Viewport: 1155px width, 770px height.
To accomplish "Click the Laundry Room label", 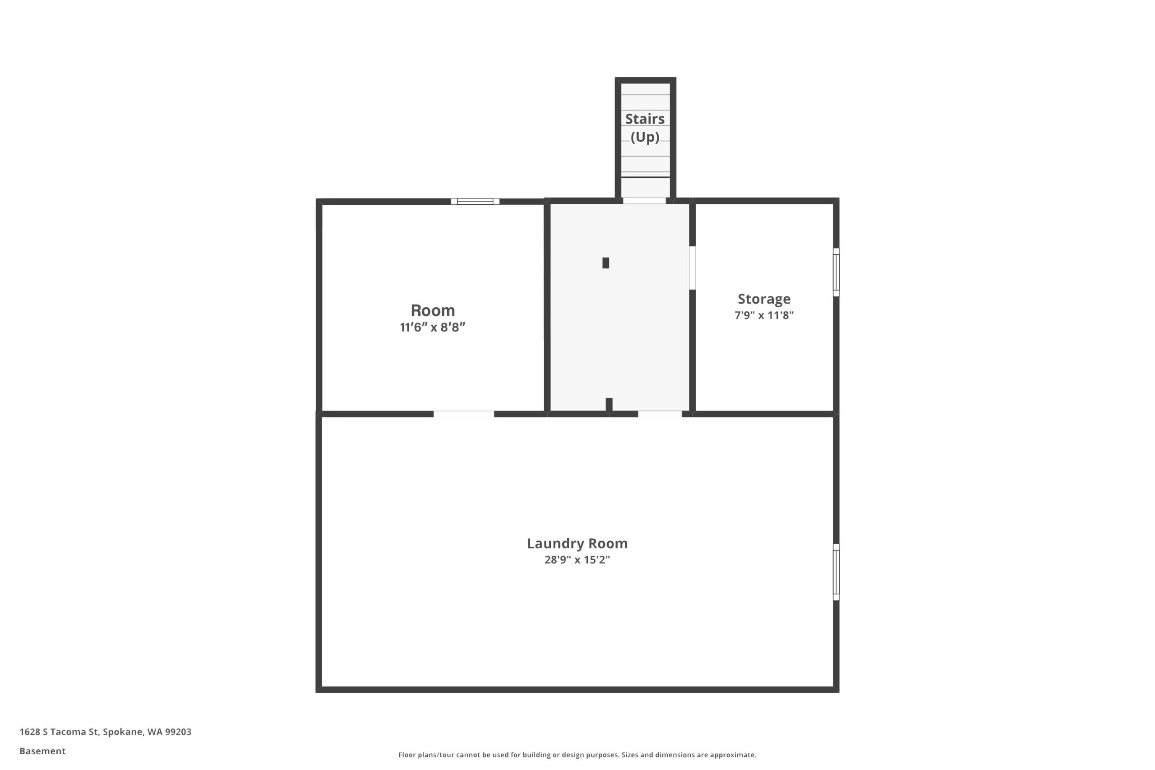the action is point(577,543).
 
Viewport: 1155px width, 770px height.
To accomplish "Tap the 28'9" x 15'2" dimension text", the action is point(577,560).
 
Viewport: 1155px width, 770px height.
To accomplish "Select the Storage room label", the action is point(764,299).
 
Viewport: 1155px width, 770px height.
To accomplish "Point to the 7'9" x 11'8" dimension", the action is point(764,315).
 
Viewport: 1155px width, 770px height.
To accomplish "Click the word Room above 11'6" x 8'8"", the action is point(433,310).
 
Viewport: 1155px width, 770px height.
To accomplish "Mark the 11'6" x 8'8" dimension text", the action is point(433,327).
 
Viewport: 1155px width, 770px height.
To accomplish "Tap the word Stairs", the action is point(645,119).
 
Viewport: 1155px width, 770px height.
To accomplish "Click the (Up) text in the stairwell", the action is point(645,137).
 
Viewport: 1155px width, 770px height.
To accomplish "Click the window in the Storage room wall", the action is point(836,272).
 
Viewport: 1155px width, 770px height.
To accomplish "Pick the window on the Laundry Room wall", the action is point(836,572).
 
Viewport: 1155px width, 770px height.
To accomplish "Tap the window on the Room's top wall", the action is point(475,201).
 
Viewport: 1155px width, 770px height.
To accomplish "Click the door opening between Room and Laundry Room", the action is point(463,414).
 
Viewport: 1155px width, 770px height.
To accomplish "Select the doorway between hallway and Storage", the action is point(693,267).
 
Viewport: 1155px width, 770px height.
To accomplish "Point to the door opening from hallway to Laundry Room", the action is point(660,414).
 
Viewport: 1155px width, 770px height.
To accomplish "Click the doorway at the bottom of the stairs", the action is point(644,200).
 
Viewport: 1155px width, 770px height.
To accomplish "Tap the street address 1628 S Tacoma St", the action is point(60,732).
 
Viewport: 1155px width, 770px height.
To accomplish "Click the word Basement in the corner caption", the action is point(42,751).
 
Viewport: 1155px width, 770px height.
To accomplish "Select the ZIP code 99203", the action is point(178,732).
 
